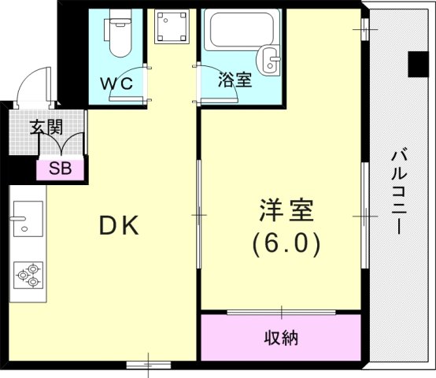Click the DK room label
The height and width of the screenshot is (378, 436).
(119, 226)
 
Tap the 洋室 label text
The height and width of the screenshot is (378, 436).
(286, 211)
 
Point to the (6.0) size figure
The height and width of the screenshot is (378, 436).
(286, 244)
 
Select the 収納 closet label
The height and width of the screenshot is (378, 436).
(280, 339)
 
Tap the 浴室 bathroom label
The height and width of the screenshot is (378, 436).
(235, 79)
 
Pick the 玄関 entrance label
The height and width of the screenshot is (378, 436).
(47, 127)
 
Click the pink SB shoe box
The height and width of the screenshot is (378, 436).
(60, 168)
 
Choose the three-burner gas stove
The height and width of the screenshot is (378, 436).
(28, 276)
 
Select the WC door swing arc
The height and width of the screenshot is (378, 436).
(126, 85)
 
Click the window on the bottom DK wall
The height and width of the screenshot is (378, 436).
(148, 364)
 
